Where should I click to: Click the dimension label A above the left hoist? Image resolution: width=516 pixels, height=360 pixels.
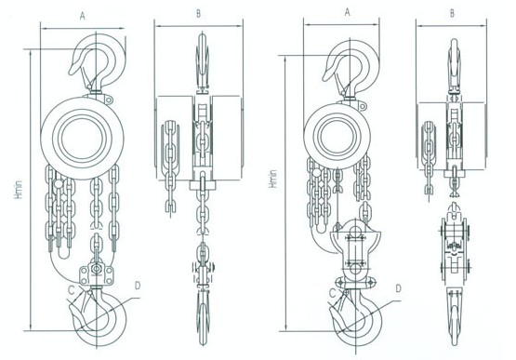(x=82, y=16)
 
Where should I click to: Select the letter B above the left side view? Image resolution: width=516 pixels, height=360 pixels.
(x=198, y=14)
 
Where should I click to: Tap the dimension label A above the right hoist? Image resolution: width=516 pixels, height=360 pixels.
(x=347, y=12)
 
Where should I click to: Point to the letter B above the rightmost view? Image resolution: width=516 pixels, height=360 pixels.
(x=452, y=13)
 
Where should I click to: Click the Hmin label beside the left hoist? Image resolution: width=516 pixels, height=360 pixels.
(x=19, y=189)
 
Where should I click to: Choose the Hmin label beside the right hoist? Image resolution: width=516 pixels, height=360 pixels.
(x=272, y=179)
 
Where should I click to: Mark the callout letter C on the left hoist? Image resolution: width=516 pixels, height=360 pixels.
(x=72, y=290)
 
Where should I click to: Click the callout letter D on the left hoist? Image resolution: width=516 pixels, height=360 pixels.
(x=138, y=286)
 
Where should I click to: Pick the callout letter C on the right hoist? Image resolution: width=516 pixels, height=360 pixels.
(x=333, y=293)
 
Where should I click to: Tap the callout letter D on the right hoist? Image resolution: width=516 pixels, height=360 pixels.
(x=399, y=288)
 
